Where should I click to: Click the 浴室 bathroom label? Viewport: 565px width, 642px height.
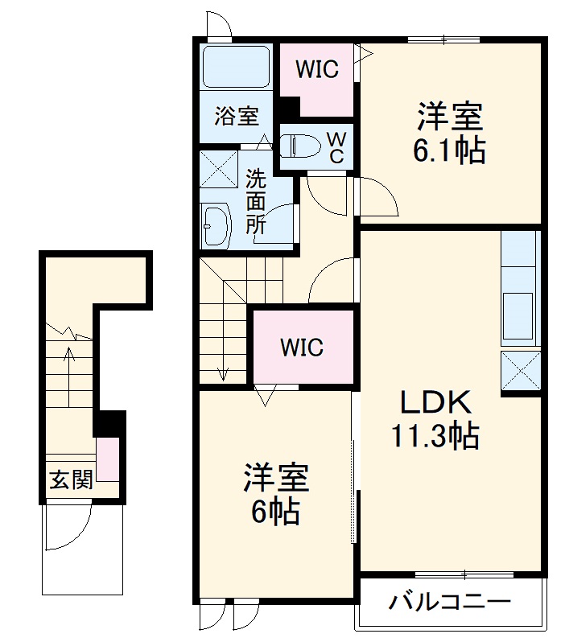236,116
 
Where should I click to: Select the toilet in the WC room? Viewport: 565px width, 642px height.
299,146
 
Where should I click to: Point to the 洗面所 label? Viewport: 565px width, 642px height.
255,200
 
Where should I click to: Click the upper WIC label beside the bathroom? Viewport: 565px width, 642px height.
316,69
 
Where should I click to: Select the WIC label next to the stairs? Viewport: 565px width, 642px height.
302,348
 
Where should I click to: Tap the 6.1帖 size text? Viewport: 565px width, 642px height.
449,150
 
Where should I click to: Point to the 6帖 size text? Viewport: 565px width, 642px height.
275,511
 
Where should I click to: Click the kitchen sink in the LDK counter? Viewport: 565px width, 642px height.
518,309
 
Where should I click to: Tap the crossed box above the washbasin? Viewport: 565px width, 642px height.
218,169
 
